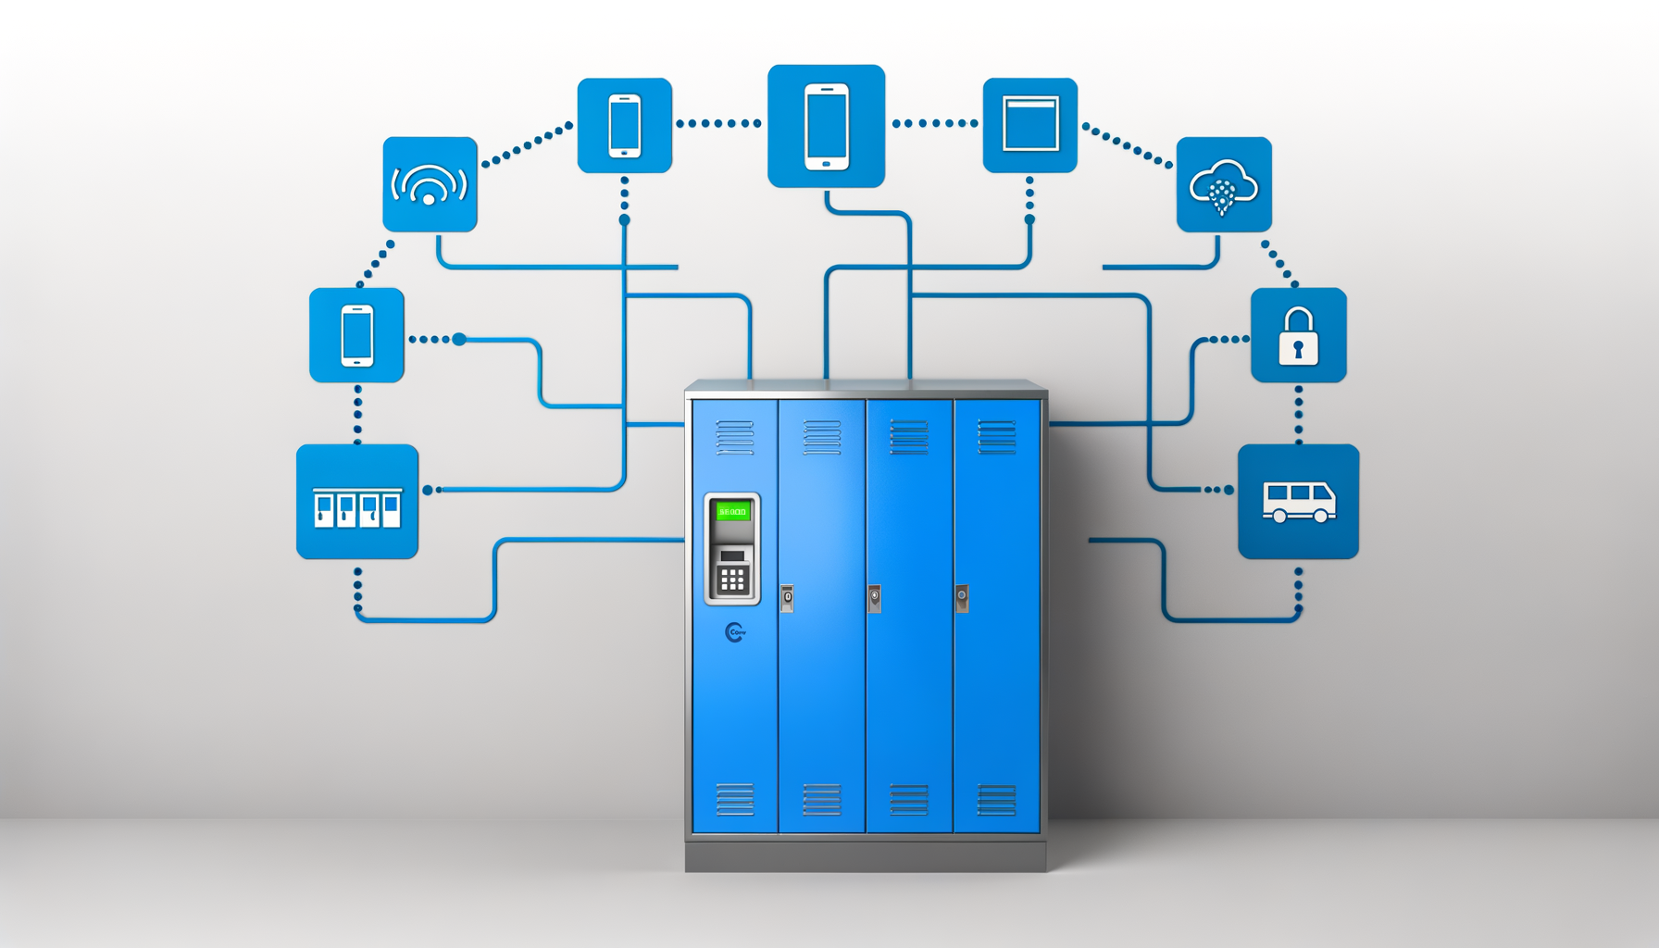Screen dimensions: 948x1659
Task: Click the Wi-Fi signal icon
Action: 430,184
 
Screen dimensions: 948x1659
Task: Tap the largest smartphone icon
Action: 826,126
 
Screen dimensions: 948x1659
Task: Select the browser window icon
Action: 1029,125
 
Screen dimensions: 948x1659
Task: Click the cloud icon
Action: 1223,185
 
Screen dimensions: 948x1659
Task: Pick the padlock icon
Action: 1298,335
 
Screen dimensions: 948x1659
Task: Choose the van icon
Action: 1298,502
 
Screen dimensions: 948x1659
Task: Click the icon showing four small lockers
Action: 357,502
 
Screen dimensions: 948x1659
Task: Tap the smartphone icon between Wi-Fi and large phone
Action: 625,126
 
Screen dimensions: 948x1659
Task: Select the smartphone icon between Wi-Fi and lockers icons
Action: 356,335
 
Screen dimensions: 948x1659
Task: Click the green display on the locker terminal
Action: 732,511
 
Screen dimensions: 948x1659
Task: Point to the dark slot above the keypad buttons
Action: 732,556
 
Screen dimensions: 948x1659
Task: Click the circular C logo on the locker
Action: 735,632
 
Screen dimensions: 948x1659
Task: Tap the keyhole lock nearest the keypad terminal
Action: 787,598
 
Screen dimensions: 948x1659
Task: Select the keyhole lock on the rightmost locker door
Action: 962,597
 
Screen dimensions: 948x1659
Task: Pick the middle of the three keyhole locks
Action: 874,598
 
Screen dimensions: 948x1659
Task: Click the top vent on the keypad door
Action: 735,437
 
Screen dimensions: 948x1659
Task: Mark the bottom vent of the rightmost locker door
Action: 997,799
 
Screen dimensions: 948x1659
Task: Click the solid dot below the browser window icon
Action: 1029,219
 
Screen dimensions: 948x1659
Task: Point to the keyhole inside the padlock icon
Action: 1298,349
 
